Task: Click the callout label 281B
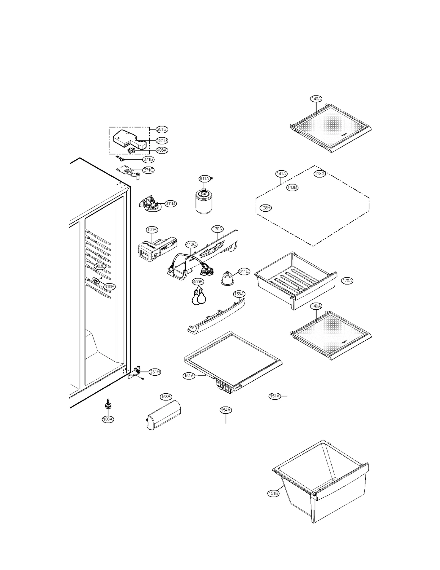pos(162,129)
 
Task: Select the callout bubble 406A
pos(162,150)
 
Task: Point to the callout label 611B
pos(170,204)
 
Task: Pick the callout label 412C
pos(191,244)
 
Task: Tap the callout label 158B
pos(166,397)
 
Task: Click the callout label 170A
pos(347,281)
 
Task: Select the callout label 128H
pos(266,208)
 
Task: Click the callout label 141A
pos(281,174)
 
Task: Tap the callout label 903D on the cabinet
pos(100,266)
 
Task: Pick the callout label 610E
pos(109,287)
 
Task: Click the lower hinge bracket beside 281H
pos(137,372)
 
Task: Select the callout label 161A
pos(189,376)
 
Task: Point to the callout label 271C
pos(148,170)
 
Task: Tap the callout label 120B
pos(152,230)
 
